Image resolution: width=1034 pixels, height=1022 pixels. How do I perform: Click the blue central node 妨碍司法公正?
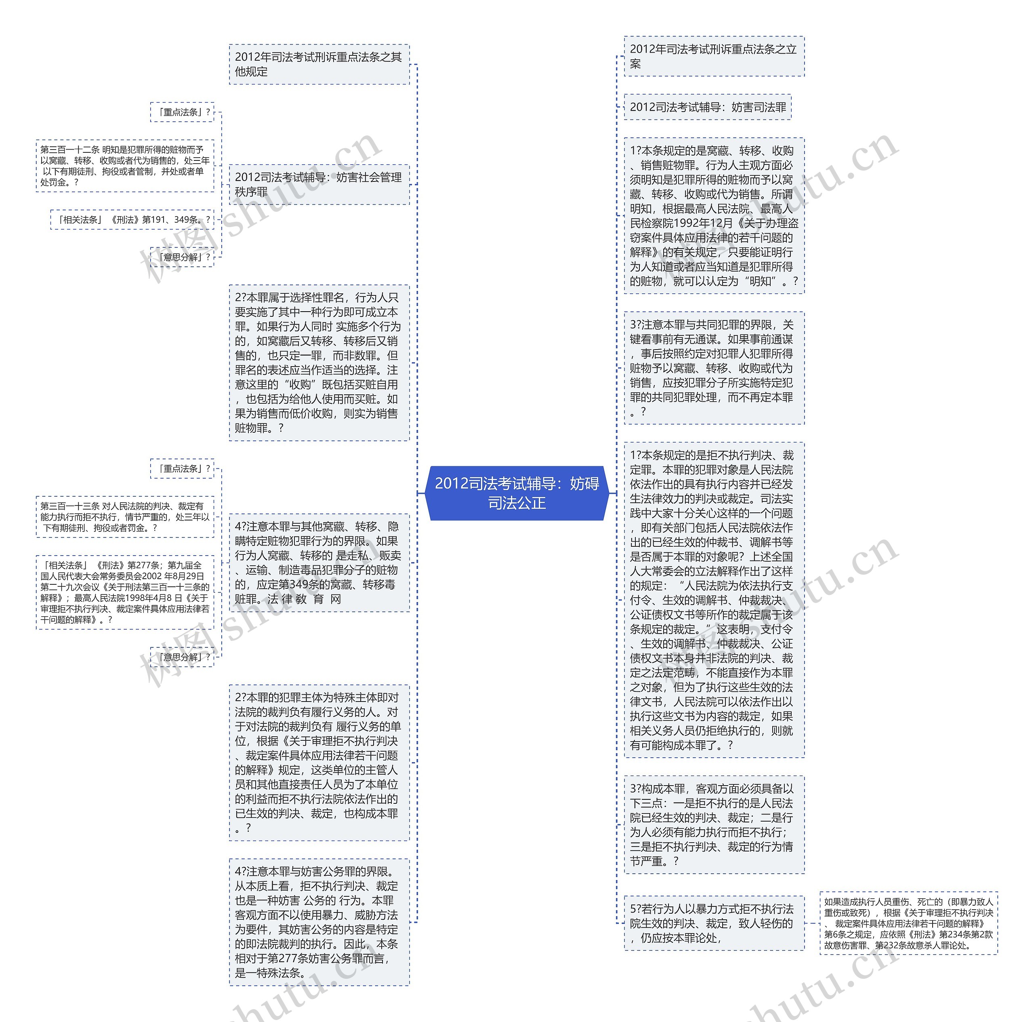[x=517, y=493]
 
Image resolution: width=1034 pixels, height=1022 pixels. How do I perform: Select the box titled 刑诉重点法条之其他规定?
[x=319, y=64]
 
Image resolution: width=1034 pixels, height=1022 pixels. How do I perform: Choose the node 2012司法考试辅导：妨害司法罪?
[x=708, y=107]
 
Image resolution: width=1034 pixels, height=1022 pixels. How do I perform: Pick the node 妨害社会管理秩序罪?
[x=319, y=184]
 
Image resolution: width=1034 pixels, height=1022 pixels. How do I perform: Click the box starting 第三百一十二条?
[x=125, y=166]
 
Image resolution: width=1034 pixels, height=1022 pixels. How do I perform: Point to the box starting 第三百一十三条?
[x=125, y=516]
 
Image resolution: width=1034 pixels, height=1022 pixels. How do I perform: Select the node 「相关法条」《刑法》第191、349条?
[x=132, y=219]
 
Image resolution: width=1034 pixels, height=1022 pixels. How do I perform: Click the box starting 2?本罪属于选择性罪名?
[x=319, y=362]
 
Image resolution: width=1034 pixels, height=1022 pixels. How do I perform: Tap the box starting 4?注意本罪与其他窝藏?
[x=319, y=563]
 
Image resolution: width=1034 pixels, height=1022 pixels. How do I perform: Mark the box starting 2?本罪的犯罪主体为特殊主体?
[x=319, y=762]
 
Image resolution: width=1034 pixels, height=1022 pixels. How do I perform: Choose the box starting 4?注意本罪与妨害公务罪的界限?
[x=319, y=922]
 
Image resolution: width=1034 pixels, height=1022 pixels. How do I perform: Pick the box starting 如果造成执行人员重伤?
[x=908, y=923]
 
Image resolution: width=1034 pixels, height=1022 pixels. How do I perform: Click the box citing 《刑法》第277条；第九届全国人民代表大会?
[x=125, y=592]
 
